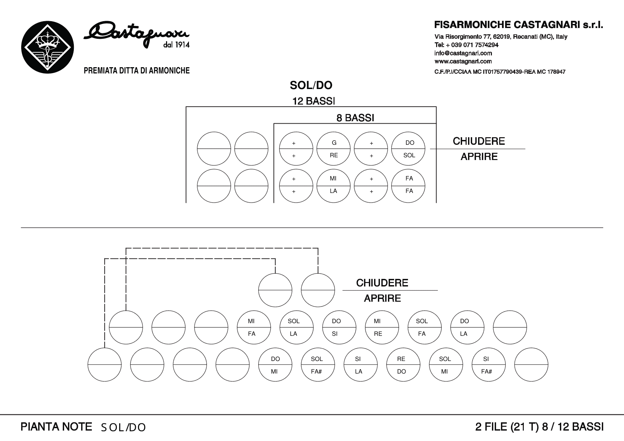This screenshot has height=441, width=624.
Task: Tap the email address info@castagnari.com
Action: pos(463,53)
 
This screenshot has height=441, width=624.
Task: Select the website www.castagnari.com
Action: pos(463,62)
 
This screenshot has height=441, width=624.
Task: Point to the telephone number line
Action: pos(467,45)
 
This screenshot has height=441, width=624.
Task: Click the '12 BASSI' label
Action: pos(314,101)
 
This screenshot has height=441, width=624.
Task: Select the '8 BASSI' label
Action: pos(355,118)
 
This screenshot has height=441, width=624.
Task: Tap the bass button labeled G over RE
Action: pos(334,149)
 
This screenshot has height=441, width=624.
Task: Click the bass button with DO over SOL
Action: pos(408,149)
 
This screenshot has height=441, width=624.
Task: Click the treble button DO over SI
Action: pos(339,327)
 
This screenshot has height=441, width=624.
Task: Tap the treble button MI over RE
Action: pos(382,327)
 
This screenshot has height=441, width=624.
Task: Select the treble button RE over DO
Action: pos(403,365)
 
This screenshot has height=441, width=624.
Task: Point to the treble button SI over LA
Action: pos(361,365)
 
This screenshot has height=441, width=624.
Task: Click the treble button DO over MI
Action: pos(275,365)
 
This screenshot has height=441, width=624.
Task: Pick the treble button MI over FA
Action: pos(254,327)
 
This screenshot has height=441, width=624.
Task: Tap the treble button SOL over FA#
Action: pos(318,365)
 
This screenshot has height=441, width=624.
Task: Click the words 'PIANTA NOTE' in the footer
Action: pos(57,427)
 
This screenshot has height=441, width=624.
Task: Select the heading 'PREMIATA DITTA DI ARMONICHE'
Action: pos(137,71)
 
